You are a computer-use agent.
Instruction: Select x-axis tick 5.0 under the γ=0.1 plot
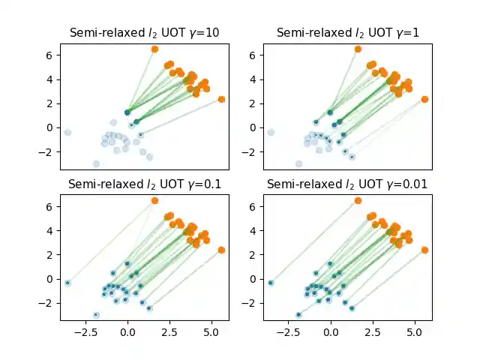[211, 329]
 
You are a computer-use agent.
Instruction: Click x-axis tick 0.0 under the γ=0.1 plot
[127, 329]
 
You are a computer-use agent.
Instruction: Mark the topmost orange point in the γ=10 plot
[154, 49]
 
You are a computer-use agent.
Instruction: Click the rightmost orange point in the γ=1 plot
[424, 99]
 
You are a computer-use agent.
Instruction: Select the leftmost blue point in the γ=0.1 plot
[67, 283]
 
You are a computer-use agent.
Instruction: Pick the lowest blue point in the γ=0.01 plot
[298, 315]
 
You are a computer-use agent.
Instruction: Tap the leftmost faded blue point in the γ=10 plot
[67, 132]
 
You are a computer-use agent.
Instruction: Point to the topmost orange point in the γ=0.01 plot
[358, 200]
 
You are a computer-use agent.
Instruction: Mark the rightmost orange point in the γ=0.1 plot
[221, 250]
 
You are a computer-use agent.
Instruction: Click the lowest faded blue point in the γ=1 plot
[298, 163]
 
